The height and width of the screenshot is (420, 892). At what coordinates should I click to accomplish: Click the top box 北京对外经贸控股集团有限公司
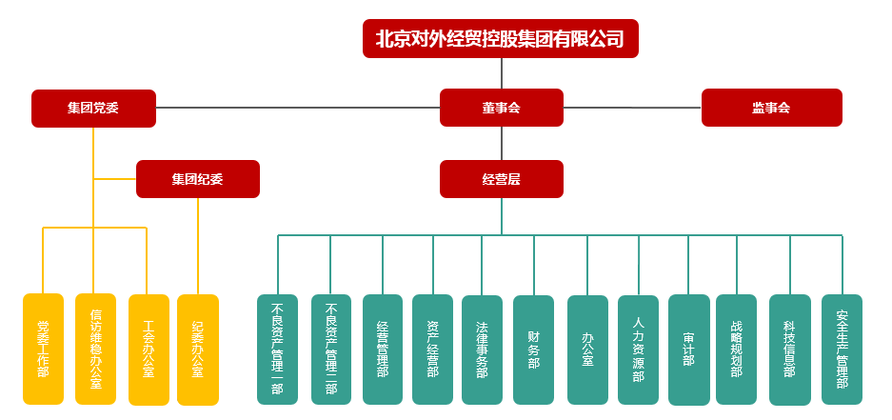point(500,39)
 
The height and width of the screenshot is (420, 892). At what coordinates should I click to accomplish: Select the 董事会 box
point(501,108)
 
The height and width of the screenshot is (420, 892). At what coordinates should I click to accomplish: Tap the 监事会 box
point(771,108)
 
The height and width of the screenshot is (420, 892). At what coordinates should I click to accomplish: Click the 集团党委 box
point(93,108)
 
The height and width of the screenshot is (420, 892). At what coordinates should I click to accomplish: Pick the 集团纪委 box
point(198,179)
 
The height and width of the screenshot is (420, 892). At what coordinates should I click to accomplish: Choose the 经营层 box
point(501,179)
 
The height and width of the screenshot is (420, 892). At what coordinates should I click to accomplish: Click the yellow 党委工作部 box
point(43,349)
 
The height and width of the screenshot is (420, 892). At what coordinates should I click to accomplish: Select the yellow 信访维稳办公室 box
point(95,349)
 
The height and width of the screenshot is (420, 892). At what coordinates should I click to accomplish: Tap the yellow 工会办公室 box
point(148,349)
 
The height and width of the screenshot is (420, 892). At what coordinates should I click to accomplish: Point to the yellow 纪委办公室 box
point(198,349)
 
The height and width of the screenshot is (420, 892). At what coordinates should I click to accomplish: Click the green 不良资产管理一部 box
point(277,349)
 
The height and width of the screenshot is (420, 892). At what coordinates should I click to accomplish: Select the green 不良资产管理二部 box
point(330,349)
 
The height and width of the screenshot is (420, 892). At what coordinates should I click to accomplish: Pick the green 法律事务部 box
point(482,349)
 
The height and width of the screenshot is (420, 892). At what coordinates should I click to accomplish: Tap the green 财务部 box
point(533,349)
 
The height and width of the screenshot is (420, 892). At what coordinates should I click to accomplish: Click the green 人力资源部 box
point(638,349)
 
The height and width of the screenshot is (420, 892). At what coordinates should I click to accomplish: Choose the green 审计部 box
point(688,349)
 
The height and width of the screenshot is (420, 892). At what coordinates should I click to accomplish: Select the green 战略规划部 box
point(736,349)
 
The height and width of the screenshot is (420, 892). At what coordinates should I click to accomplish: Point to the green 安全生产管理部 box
point(842,349)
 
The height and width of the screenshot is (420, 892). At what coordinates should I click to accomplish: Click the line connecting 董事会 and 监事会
point(632,108)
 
